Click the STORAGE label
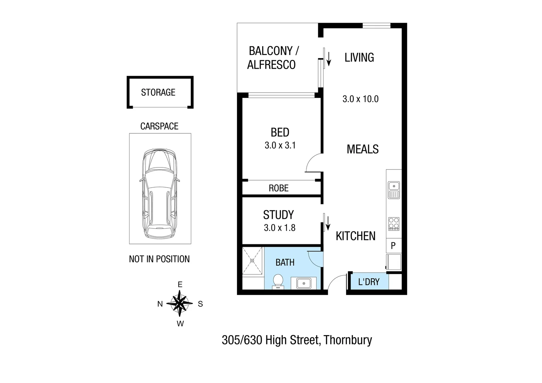click(158, 93)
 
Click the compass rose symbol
click(180, 304)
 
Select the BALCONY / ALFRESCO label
click(272, 58)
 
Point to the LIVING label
click(359, 57)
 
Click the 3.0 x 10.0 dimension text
click(360, 99)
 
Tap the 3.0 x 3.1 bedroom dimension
click(280, 145)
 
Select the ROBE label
click(278, 188)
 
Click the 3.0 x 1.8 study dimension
click(280, 228)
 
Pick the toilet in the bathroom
click(278, 281)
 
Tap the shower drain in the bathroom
click(252, 261)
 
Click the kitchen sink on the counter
click(394, 190)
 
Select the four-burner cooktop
click(394, 224)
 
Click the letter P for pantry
click(393, 245)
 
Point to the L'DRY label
click(369, 282)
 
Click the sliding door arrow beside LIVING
click(329, 59)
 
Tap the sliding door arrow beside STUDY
click(328, 223)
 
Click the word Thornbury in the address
click(348, 340)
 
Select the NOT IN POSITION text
click(159, 259)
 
